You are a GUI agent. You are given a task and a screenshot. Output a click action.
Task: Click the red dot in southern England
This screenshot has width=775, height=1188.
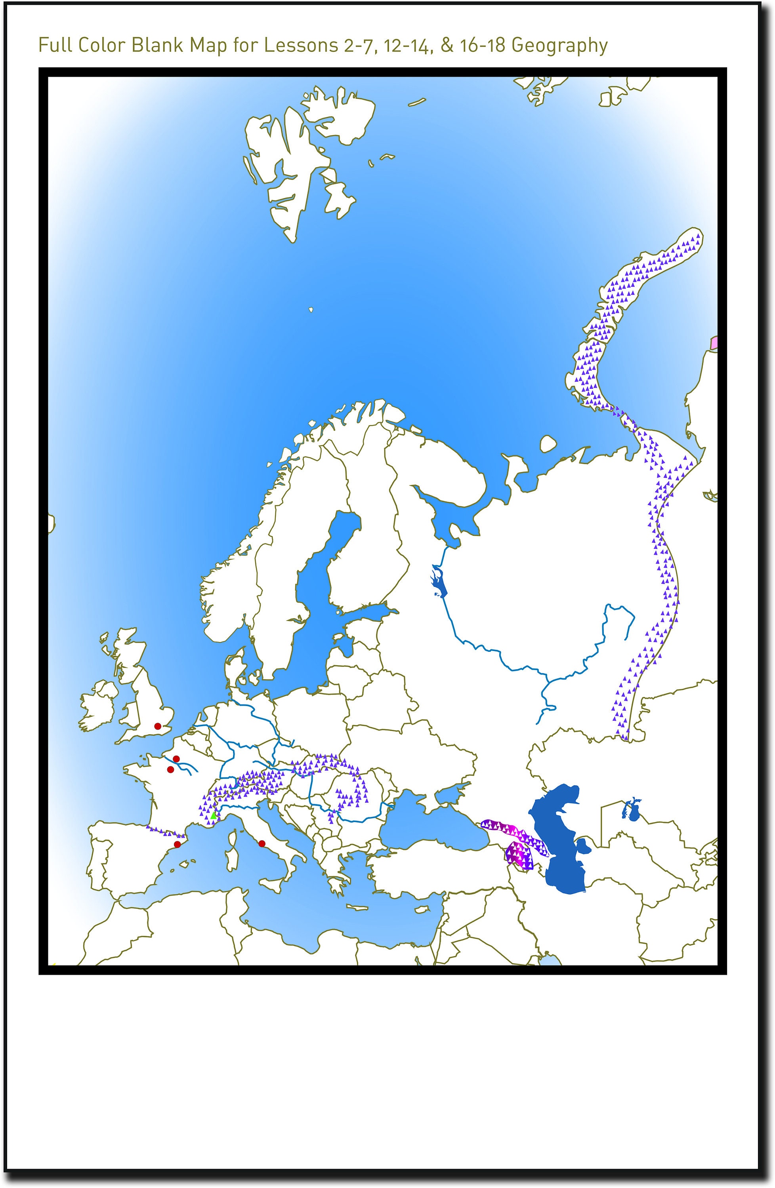(158, 726)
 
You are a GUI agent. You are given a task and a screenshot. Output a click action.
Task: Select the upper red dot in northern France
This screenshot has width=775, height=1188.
(176, 759)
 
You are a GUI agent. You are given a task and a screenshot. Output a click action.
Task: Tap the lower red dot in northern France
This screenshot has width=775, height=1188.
(170, 769)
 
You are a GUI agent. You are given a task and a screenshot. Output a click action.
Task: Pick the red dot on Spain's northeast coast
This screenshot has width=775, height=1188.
(177, 844)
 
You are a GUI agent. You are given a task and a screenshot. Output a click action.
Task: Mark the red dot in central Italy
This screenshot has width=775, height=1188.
(262, 843)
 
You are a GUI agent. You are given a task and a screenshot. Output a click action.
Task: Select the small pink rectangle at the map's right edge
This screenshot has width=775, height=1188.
(714, 343)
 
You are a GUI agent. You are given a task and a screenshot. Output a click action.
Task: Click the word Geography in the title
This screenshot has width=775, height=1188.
(559, 46)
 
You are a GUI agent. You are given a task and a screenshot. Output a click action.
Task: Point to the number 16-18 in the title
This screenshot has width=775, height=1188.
(485, 46)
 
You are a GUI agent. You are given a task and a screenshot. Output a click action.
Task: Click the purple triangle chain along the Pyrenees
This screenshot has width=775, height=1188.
(165, 831)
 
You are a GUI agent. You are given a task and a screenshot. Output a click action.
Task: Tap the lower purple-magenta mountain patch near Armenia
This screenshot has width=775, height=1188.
(519, 857)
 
